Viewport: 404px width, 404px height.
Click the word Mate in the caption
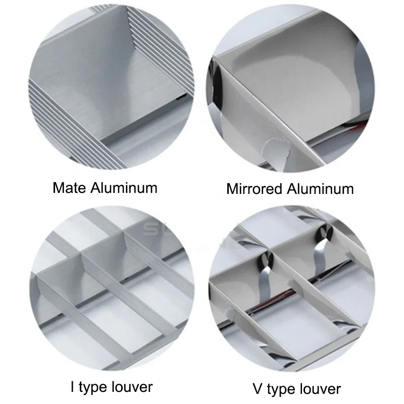[x=69, y=187]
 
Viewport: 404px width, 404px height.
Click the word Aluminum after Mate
[x=124, y=187]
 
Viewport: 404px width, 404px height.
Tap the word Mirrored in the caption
[x=255, y=189]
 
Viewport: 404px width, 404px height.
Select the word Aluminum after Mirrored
[x=320, y=189]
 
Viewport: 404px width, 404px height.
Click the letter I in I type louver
[x=73, y=387]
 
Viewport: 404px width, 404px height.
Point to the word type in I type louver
[x=93, y=388]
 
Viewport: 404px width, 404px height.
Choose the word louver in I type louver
[x=132, y=387]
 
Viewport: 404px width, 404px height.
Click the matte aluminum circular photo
[x=111, y=87]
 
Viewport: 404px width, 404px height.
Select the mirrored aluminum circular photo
[x=290, y=89]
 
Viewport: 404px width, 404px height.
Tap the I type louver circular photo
[x=112, y=288]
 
